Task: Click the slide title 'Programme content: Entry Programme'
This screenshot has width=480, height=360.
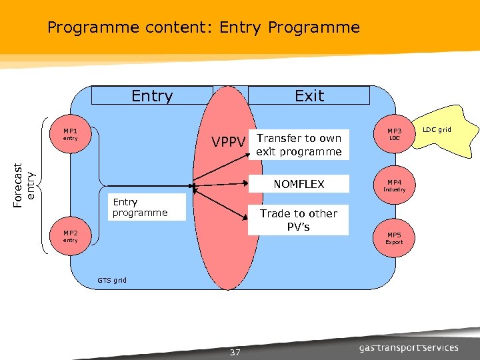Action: (203, 27)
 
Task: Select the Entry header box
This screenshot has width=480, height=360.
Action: (152, 96)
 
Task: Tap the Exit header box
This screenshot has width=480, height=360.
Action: (309, 96)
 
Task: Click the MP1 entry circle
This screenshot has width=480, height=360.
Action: (71, 135)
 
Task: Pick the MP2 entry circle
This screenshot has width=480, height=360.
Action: (71, 236)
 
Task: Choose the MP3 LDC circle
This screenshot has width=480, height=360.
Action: (394, 134)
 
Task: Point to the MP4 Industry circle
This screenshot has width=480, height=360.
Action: (394, 185)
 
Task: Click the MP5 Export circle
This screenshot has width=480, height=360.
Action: (394, 238)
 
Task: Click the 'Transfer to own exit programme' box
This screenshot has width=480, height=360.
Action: (299, 145)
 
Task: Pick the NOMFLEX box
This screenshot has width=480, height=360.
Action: (299, 184)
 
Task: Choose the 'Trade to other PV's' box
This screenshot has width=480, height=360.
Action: (299, 220)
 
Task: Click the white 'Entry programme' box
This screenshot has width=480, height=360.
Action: (147, 207)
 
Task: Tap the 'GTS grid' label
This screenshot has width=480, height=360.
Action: (112, 280)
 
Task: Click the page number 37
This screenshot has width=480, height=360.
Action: (235, 352)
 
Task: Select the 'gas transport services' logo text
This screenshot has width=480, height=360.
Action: (409, 347)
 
